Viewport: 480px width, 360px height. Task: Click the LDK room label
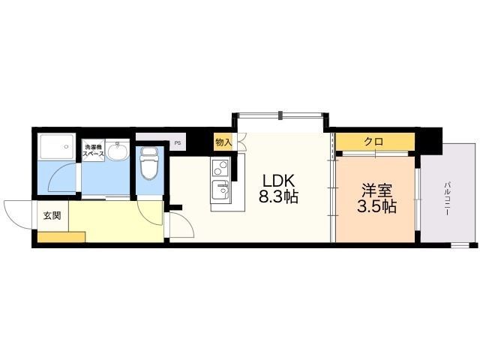pos(278,181)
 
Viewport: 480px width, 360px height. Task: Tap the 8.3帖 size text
pos(278,196)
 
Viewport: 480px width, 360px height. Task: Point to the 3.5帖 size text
pos(376,207)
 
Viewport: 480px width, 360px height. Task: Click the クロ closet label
pos(373,142)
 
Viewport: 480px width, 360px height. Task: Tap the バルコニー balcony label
pos(447,198)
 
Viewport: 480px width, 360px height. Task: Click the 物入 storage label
pos(223,142)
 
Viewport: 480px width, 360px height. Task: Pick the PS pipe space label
pos(178,142)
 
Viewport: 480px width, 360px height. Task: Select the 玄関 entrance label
pos(52,215)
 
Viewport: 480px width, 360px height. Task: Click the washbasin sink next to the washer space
pos(118,151)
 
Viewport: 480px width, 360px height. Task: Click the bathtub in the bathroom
pos(57,146)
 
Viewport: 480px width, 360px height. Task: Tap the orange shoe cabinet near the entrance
pos(61,237)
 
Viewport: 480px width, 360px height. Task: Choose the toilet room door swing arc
pos(144,217)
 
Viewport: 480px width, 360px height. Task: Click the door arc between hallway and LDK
pos(187,219)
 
